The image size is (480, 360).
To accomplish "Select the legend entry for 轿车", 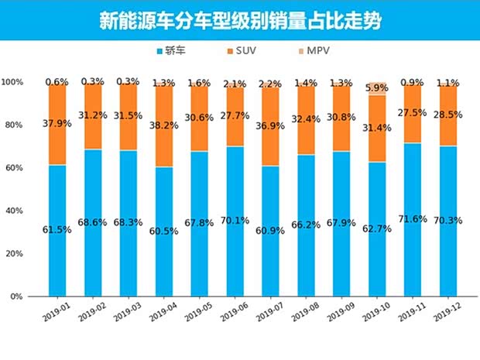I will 176,51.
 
